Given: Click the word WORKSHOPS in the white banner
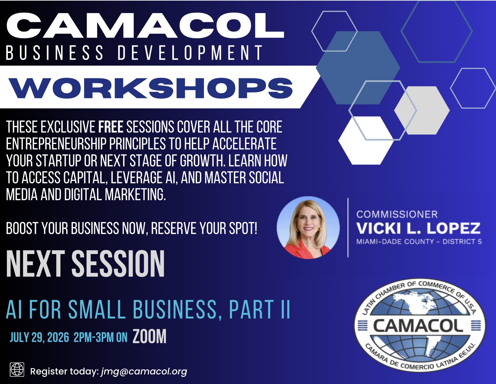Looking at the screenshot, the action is click(151, 88).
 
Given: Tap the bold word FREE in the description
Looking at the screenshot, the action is click(111, 127).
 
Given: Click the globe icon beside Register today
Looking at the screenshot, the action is click(17, 369).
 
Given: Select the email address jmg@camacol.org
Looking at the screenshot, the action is click(144, 372).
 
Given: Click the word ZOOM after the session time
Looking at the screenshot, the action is click(150, 336).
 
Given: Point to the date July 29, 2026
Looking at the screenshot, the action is click(39, 337).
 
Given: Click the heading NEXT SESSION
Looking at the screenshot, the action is click(85, 264).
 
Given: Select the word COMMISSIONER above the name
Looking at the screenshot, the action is click(397, 214).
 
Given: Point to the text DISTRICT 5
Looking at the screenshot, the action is click(462, 242).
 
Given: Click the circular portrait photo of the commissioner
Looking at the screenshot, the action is click(308, 228).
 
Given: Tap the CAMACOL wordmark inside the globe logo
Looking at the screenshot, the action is click(419, 326).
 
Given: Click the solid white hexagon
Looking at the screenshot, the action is click(366, 140).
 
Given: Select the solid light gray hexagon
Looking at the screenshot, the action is click(422, 110).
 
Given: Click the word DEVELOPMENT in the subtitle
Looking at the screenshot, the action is click(190, 53).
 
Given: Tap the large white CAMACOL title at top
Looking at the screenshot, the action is click(145, 25).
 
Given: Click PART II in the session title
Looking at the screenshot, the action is click(259, 309).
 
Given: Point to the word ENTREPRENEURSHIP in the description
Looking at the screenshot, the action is click(56, 144).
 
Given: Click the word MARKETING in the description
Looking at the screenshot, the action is click(135, 195).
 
